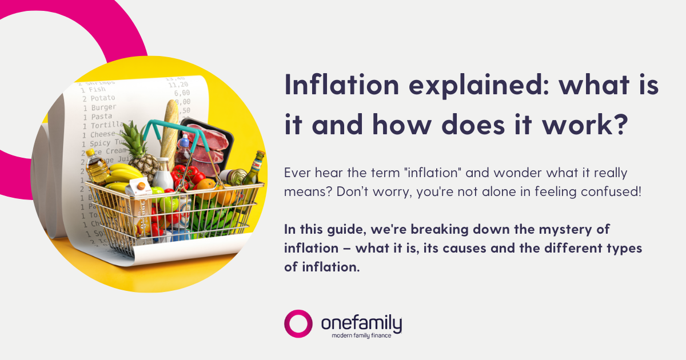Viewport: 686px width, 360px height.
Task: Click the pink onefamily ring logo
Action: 298,324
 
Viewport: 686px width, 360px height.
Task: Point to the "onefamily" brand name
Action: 361,323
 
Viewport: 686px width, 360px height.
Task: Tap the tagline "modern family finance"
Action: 361,335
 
